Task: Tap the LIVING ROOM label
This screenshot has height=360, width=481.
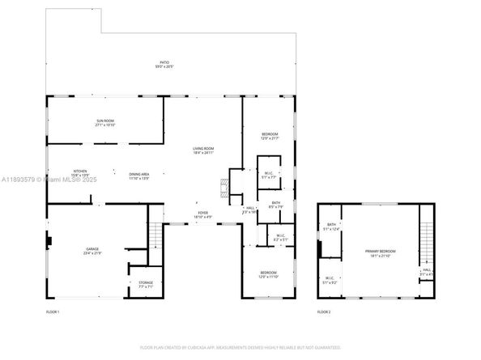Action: click(x=202, y=150)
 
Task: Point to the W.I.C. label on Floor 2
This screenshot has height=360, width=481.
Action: click(x=330, y=279)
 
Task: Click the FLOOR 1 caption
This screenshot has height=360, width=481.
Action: click(x=53, y=311)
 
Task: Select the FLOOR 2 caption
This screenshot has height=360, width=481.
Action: click(x=324, y=311)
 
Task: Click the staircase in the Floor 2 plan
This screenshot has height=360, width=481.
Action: click(x=425, y=235)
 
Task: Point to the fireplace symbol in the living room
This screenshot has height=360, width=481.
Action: click(x=224, y=187)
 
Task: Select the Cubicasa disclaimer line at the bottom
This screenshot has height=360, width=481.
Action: click(x=240, y=347)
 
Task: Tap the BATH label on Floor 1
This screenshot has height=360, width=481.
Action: click(x=276, y=205)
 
